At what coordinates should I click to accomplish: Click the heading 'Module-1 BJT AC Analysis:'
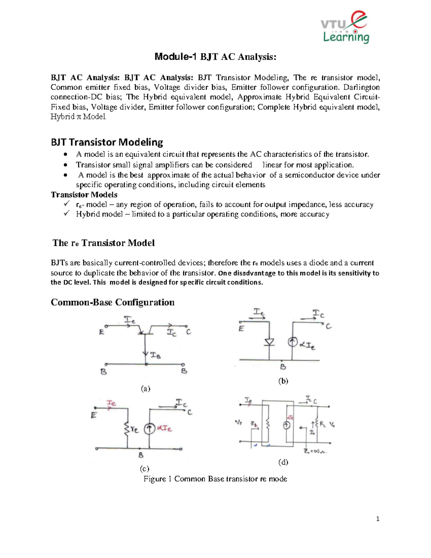click(x=215, y=57)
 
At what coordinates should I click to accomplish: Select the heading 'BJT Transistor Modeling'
click(x=107, y=142)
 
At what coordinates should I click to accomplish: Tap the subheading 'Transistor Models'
click(x=84, y=195)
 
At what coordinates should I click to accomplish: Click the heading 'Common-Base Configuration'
click(x=112, y=302)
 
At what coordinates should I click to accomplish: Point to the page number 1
click(x=377, y=518)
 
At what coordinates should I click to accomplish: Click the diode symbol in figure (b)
click(x=269, y=342)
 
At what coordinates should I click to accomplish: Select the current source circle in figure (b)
click(x=292, y=342)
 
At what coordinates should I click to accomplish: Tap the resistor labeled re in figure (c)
click(x=127, y=428)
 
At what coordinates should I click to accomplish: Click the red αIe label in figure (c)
click(x=165, y=428)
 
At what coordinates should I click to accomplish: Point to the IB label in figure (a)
click(x=155, y=355)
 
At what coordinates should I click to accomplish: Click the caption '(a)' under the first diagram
click(x=145, y=388)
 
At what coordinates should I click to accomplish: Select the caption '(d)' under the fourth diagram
click(x=283, y=462)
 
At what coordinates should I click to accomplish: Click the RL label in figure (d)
click(x=323, y=424)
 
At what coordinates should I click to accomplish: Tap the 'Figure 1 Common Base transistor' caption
click(x=215, y=479)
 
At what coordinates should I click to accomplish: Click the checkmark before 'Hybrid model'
click(x=66, y=214)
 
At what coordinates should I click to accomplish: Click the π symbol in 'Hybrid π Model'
click(x=78, y=117)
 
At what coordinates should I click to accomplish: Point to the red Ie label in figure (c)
click(x=111, y=403)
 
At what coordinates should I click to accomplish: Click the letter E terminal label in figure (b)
click(x=241, y=328)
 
